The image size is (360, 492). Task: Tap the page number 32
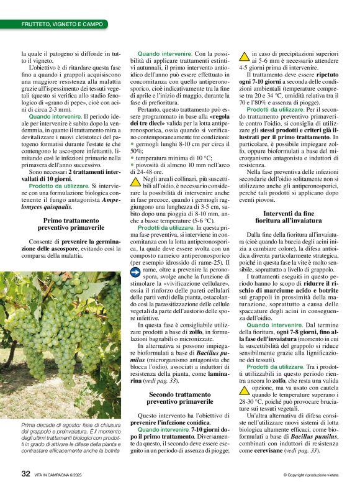click(x=25, y=474)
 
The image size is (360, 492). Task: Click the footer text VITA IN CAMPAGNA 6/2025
click(x=63, y=475)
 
